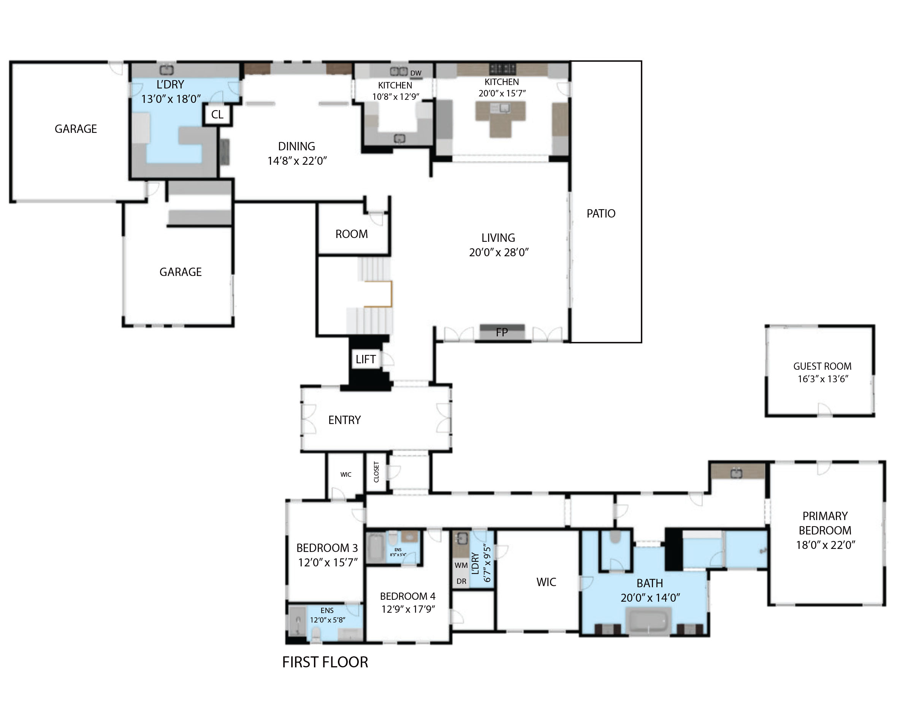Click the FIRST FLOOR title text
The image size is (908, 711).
click(325, 662)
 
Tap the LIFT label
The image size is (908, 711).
click(366, 359)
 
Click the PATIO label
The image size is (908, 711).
click(601, 214)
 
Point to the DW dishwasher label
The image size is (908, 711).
click(415, 73)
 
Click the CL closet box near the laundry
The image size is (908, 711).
click(217, 115)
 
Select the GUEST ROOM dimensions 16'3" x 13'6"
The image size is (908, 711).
click(822, 379)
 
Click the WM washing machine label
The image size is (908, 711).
click(461, 565)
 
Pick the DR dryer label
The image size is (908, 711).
click(461, 581)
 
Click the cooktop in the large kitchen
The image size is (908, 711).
click(502, 69)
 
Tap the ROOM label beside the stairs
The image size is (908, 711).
click(351, 234)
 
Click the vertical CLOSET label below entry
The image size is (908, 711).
click(376, 472)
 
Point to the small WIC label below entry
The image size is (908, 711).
click(345, 475)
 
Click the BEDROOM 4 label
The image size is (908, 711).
click(407, 596)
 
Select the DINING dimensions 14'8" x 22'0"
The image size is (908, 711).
click(297, 161)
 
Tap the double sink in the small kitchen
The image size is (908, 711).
click(398, 72)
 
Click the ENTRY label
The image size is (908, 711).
click(344, 420)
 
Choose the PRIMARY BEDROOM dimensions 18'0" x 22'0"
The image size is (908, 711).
click(825, 545)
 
